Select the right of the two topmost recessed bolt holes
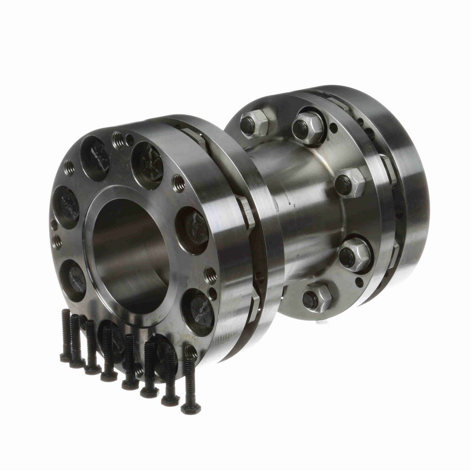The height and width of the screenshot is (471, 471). pos(147,159)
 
